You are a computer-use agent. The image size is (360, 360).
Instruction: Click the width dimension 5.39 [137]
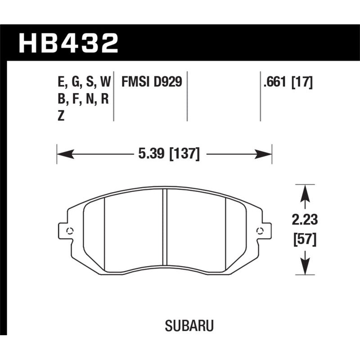166,154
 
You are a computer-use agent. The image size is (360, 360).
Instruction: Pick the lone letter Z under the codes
62,116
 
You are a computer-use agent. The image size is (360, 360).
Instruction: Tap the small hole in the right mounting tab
259,231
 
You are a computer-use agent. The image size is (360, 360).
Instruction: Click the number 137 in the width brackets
184,154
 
